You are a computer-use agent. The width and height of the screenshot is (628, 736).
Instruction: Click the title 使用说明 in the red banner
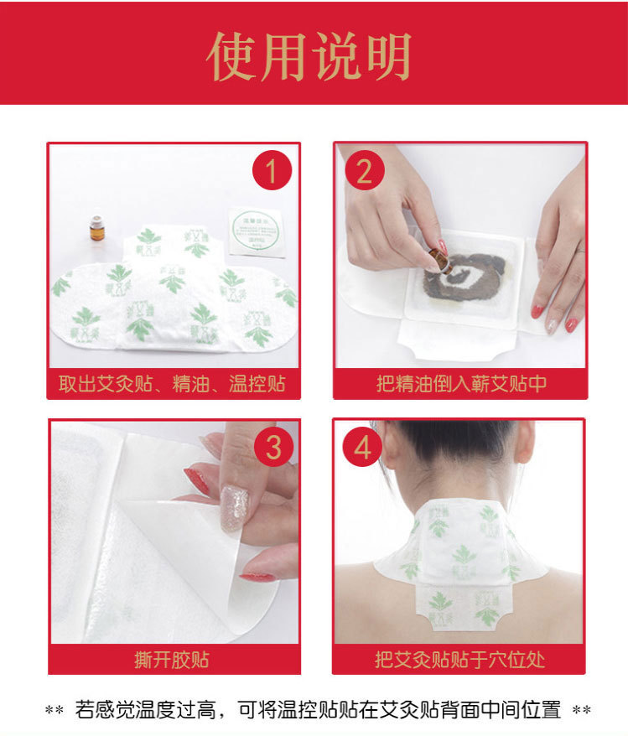coord(309,57)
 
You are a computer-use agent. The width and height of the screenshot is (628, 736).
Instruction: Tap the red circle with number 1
coord(271,173)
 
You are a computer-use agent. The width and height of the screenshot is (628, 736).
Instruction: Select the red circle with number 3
coord(272,448)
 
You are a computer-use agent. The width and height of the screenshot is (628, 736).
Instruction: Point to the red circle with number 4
coord(362,448)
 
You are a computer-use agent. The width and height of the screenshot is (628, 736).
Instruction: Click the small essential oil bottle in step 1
coord(97,228)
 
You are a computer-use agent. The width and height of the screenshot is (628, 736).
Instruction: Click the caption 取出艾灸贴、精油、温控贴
coord(173,384)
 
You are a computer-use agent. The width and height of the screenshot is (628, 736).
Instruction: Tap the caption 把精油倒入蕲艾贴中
coord(460,384)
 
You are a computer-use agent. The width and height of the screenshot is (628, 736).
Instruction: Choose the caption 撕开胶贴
coord(172,659)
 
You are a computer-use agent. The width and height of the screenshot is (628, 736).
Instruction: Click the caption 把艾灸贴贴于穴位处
coord(459,659)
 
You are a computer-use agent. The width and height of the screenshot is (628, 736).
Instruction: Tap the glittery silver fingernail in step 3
coord(234,508)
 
